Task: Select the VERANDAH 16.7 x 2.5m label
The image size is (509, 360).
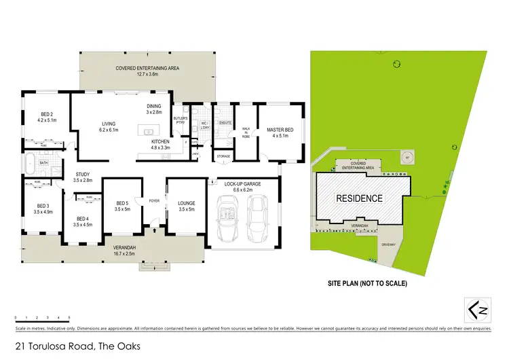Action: click(x=125, y=249)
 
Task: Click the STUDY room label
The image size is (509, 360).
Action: click(x=82, y=177)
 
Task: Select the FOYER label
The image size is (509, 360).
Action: click(x=154, y=200)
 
